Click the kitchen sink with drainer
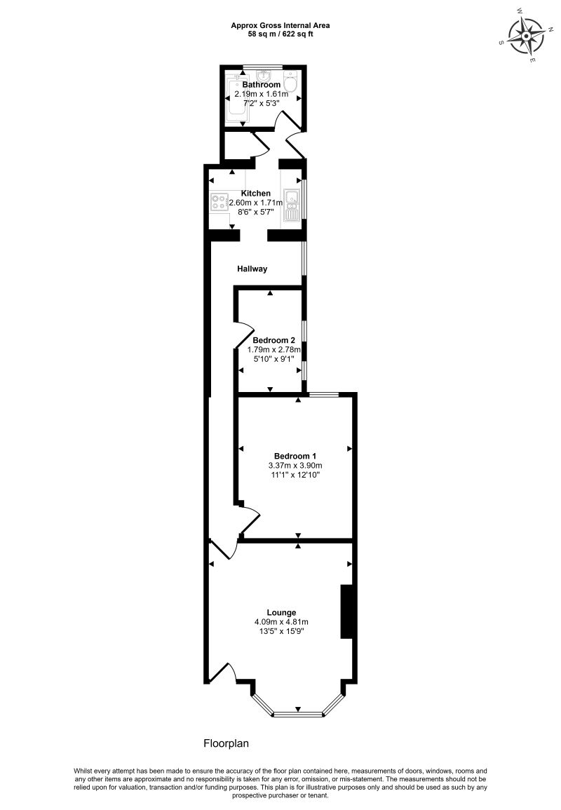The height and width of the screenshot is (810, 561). tap(292, 205)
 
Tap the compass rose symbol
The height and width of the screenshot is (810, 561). tap(526, 35)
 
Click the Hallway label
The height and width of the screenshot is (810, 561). tap(252, 269)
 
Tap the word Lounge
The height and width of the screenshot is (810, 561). tap(281, 612)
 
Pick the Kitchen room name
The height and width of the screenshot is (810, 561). tap(255, 193)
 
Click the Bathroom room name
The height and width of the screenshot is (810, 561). tap(261, 85)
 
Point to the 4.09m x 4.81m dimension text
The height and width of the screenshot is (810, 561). tap(281, 622)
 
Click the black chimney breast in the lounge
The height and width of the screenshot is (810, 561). tap(346, 612)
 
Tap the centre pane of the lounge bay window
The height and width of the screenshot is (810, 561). tap(298, 715)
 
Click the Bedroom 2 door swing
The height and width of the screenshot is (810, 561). tap(243, 332)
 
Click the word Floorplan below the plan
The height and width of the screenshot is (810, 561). tap(227, 743)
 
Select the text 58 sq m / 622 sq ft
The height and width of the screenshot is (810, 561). tap(280, 34)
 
